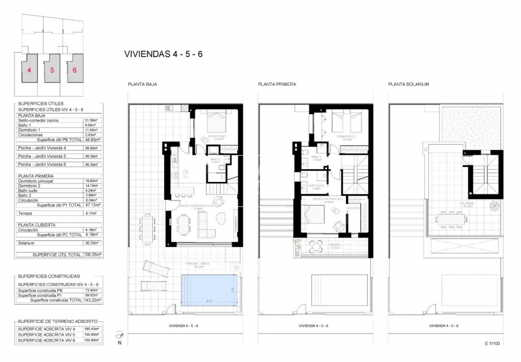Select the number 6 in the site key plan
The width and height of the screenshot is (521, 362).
tap(74, 70)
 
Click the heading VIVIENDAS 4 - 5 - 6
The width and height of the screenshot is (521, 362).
tap(163, 54)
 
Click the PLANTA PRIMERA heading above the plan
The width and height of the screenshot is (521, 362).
tap(277, 84)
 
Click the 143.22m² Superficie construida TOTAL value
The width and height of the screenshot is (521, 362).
tap(92, 300)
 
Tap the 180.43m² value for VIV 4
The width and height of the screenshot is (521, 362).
tap(92, 329)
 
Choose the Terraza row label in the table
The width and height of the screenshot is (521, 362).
tap(25, 212)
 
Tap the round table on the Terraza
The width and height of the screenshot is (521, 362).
tap(315, 247)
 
